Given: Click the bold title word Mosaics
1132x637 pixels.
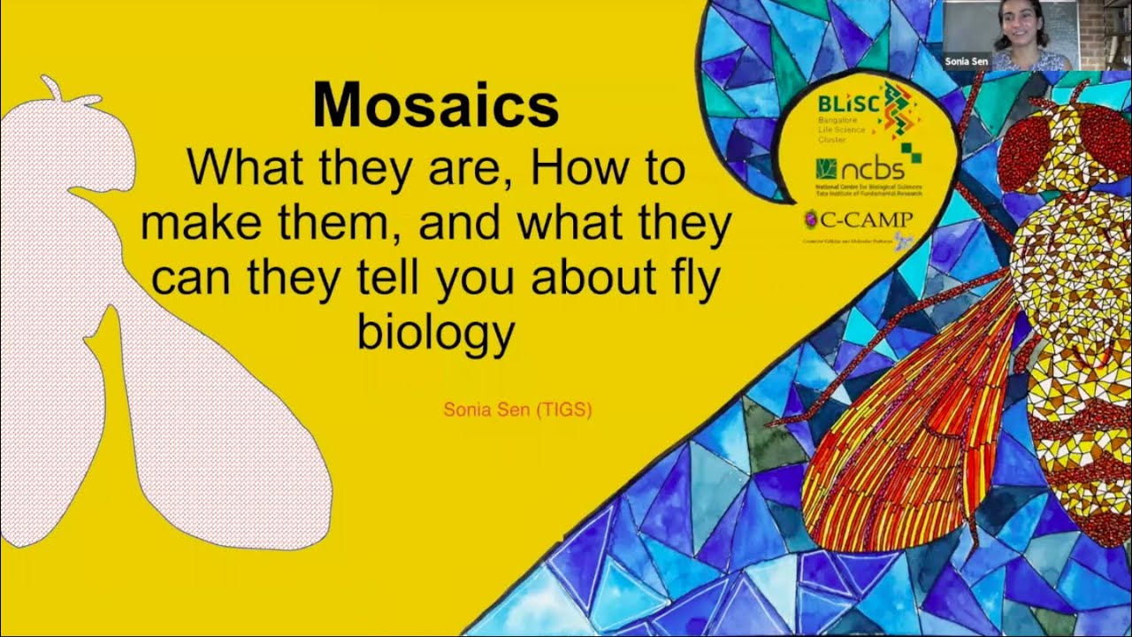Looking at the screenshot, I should (x=436, y=107).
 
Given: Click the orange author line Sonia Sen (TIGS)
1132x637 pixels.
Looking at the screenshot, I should (x=517, y=411).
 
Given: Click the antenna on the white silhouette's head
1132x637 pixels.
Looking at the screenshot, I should (x=50, y=87).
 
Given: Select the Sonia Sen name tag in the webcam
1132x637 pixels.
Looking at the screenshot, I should (x=965, y=62).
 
